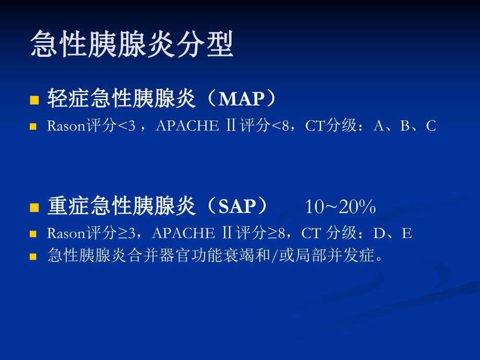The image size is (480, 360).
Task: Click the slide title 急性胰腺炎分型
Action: click(132, 44)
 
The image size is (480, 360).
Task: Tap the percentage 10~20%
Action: click(340, 207)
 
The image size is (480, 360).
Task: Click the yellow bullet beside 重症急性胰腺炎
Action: click(34, 208)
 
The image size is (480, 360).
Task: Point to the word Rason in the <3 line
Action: click(66, 126)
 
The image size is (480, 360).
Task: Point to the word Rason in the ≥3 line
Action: click(66, 233)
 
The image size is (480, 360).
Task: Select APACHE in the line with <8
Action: click(186, 126)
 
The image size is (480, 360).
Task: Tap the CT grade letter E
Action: click(407, 233)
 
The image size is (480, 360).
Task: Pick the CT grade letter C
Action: click(430, 126)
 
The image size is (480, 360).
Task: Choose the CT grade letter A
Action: click(378, 126)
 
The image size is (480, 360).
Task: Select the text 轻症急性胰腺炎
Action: click(121, 99)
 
